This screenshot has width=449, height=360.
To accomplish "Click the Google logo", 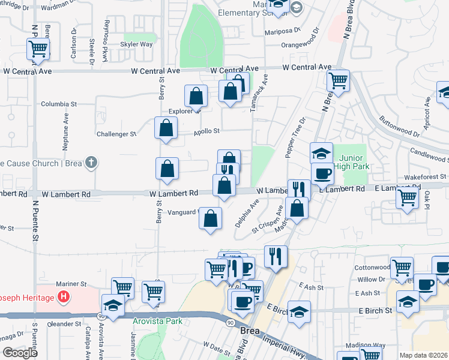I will click(19, 353).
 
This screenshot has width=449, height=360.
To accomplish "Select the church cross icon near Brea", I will click(91, 163).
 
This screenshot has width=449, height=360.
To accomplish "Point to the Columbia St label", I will click(59, 104).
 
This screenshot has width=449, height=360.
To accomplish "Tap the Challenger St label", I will click(116, 134).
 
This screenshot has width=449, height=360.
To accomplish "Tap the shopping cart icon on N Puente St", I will click(38, 49).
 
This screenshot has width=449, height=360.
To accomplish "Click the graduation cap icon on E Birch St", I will click(299, 311).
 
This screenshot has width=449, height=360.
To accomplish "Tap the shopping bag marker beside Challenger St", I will click(166, 128).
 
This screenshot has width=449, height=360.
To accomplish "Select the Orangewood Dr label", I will click(305, 44).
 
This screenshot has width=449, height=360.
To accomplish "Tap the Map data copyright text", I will click(424, 355).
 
